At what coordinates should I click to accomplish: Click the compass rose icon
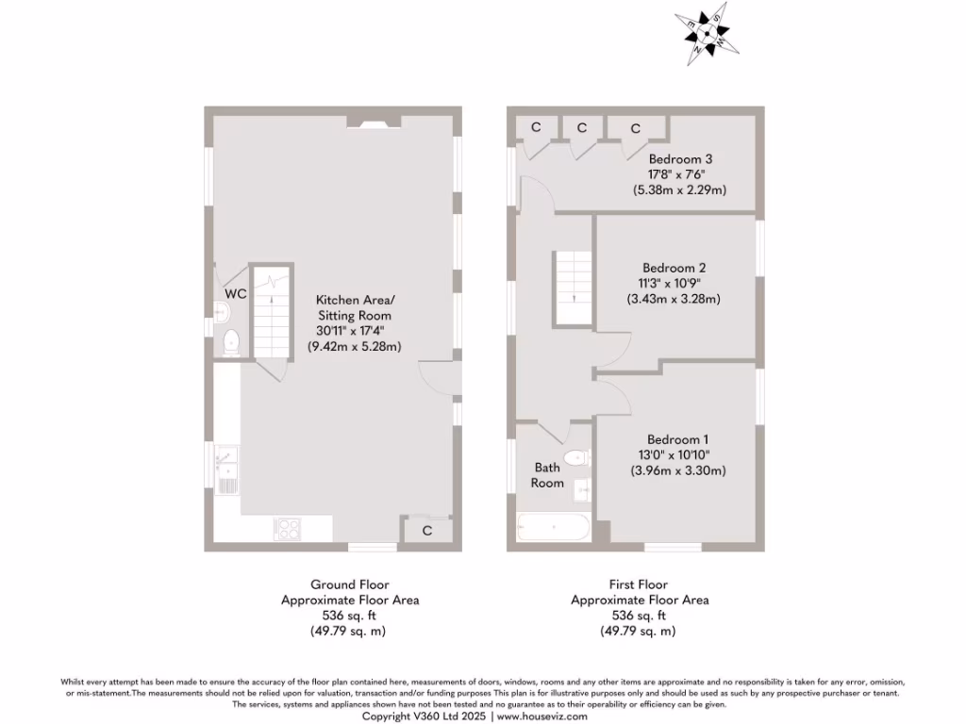pyautogui.click(x=707, y=36)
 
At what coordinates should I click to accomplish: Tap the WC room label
pyautogui.click(x=236, y=294)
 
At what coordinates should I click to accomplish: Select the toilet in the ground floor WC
pyautogui.click(x=232, y=343)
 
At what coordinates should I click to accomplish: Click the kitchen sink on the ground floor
pyautogui.click(x=226, y=469)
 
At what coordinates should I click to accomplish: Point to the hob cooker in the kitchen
pyautogui.click(x=287, y=528)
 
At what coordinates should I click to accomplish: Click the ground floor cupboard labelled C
pyautogui.click(x=426, y=531)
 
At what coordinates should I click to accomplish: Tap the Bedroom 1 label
pyautogui.click(x=677, y=439)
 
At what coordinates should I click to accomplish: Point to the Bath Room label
pyautogui.click(x=547, y=475)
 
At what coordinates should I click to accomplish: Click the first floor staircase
pyautogui.click(x=572, y=288)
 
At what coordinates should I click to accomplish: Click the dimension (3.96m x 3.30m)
pyautogui.click(x=677, y=470)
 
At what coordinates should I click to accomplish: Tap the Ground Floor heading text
pyautogui.click(x=350, y=584)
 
